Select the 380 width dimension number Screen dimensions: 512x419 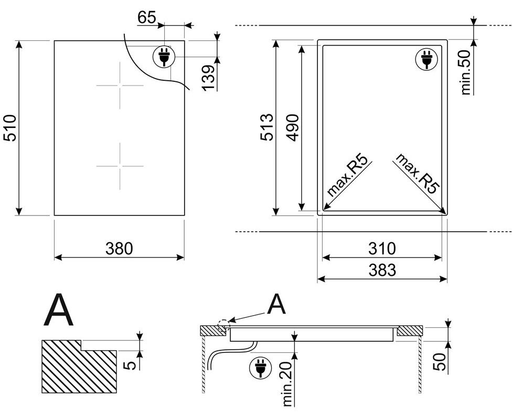(x=119, y=249)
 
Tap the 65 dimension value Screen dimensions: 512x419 (x=146, y=17)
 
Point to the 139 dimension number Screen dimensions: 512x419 (x=208, y=78)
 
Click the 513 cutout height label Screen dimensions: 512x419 (x=267, y=127)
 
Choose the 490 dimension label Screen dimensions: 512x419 (x=292, y=127)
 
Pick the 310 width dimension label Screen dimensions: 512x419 (x=382, y=249)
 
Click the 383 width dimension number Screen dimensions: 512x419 (x=382, y=270)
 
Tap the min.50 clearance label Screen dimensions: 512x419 (x=466, y=72)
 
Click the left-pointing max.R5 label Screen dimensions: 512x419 (x=347, y=176)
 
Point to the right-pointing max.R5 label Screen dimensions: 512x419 (x=417, y=174)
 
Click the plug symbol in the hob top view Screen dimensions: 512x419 (x=164, y=57)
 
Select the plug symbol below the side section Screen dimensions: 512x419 (x=260, y=368)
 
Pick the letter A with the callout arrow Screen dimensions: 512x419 (x=276, y=304)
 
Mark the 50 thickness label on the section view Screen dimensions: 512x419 (x=439, y=361)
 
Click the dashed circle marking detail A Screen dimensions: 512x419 (x=223, y=325)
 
